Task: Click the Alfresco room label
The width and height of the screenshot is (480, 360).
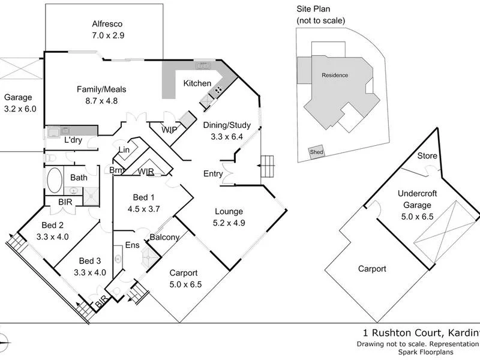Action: (107, 24)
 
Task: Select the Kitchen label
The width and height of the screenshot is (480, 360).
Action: (197, 83)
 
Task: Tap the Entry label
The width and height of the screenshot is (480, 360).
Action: (212, 174)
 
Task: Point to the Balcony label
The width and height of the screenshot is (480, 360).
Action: (165, 237)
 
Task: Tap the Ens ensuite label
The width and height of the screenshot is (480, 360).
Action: (132, 245)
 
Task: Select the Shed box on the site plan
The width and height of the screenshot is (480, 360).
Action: (316, 152)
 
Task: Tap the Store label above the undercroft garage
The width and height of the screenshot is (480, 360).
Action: (427, 156)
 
